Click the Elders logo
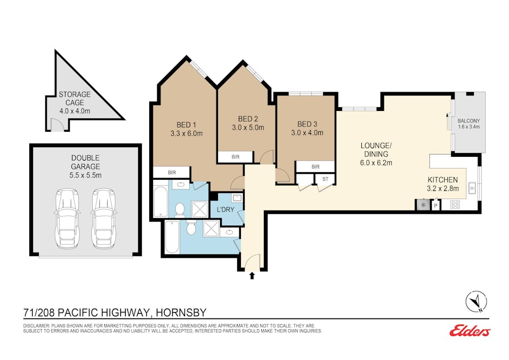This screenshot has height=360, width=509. (x=470, y=331)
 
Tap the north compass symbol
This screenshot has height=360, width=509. (x=476, y=301)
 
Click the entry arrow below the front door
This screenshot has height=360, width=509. (x=252, y=276)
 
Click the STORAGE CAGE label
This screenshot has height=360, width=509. (x=75, y=99)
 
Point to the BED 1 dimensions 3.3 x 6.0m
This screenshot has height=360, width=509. (x=187, y=133)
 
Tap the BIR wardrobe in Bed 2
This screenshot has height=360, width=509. (x=236, y=157)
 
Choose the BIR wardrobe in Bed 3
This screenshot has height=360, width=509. (x=315, y=167)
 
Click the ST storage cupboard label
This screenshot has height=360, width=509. (x=325, y=179)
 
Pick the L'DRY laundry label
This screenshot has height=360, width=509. (x=225, y=210)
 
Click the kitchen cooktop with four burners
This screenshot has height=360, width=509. (x=455, y=204)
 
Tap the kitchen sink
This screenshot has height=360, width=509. (x=472, y=188)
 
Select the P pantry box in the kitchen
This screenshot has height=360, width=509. (x=435, y=205)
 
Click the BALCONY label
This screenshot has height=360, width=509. (x=468, y=121)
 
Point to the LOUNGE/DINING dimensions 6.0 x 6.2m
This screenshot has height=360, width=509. (x=376, y=163)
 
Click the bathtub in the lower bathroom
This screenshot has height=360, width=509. (x=172, y=237)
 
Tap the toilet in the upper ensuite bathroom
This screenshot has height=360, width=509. (x=180, y=209)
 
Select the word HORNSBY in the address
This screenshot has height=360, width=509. (x=181, y=313)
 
